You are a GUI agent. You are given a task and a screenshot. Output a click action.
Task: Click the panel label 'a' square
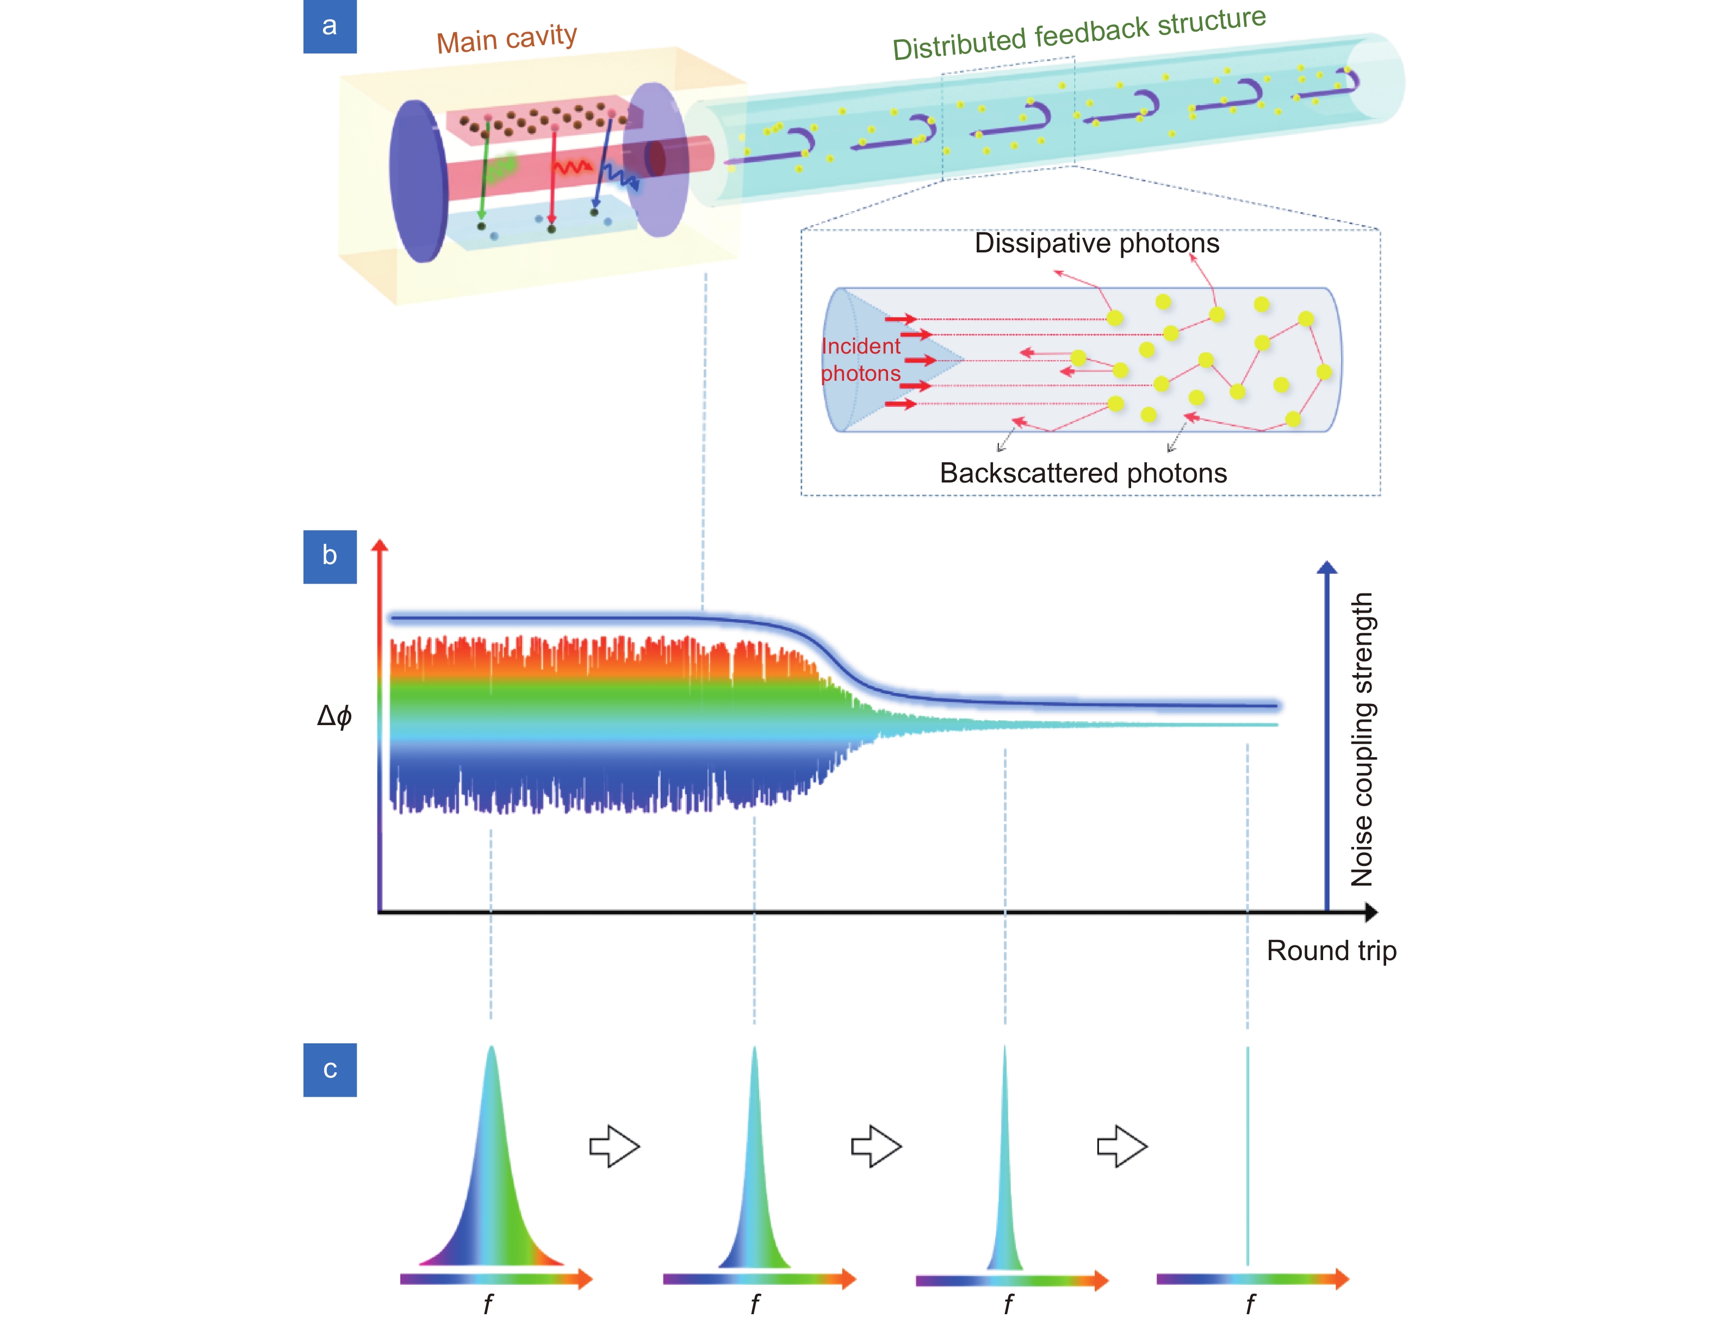pos(330,26)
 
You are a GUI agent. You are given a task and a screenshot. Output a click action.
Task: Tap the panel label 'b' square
pos(330,556)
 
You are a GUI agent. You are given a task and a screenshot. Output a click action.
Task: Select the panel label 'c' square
pos(330,1069)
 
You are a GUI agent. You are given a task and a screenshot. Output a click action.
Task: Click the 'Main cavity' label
pos(507,39)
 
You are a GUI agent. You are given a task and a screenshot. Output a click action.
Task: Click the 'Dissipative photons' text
pos(1096,243)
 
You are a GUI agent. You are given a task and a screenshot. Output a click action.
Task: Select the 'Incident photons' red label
pos(860,359)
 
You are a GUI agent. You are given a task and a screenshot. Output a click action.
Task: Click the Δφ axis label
pos(334,715)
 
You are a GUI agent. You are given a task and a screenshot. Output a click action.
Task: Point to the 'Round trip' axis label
pos(1331,951)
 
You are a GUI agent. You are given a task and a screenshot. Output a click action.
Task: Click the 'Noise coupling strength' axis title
pos(1362,739)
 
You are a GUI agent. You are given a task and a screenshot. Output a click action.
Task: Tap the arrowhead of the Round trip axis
pos(1370,912)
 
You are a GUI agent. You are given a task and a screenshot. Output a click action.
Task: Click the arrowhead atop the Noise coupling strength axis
pos(1326,567)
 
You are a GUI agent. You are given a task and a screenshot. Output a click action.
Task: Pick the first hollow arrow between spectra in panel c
pos(614,1147)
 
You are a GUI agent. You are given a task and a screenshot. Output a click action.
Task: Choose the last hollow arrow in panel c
pos(1121,1147)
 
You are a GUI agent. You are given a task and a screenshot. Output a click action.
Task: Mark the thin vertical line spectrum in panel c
pos(1247,1153)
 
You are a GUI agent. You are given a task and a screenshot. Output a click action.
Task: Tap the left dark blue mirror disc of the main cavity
pos(419,181)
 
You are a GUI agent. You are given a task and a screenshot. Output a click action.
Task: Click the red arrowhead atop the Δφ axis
pos(380,547)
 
